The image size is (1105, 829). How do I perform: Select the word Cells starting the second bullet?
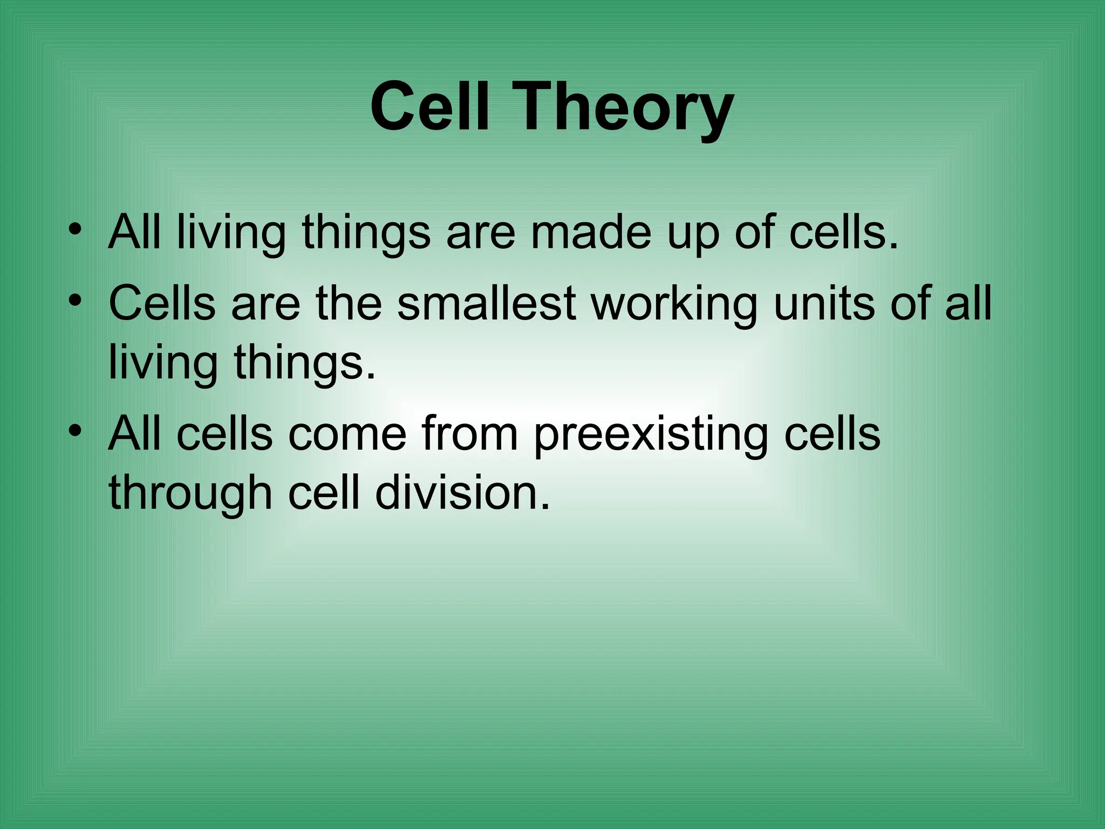[162, 303]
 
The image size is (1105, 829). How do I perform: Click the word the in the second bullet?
[349, 303]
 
